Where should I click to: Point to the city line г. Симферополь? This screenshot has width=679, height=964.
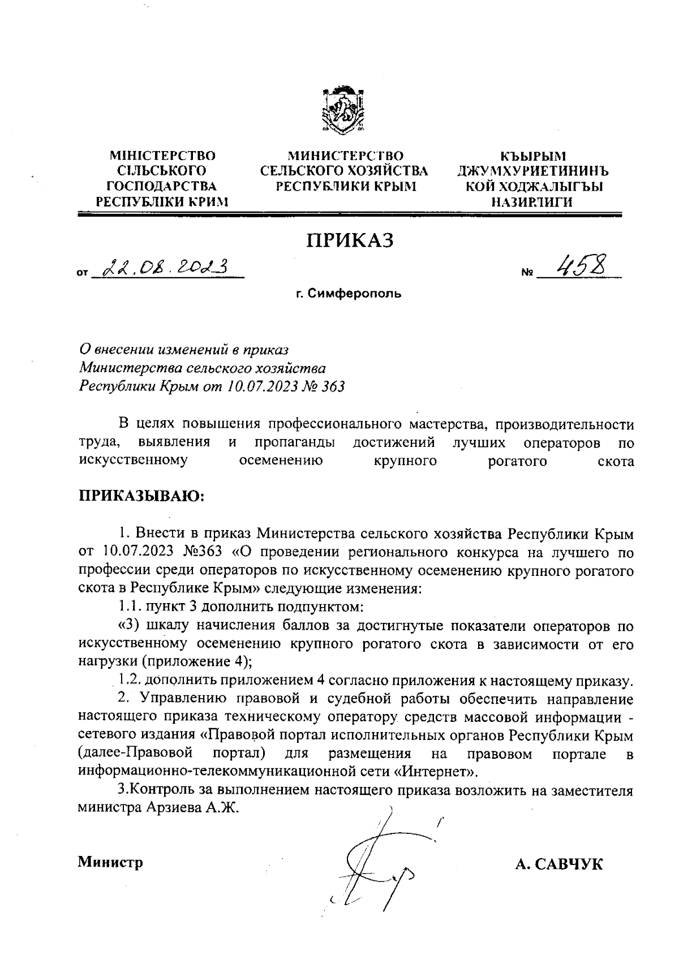click(x=349, y=294)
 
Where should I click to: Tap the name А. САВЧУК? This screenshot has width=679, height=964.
click(x=559, y=864)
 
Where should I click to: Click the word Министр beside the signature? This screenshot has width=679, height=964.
click(x=110, y=862)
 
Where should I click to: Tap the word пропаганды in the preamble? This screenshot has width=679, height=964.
click(x=293, y=442)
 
